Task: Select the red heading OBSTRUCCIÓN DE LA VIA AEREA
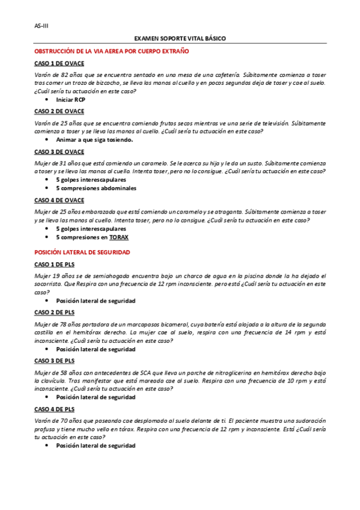pos(112,52)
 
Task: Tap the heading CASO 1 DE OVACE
pos(59,63)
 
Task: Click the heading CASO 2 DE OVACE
pos(59,111)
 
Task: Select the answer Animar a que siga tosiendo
pos(94,140)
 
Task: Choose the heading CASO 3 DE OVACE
pos(59,152)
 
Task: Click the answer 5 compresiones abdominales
pos(96,188)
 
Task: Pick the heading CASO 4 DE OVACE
pos(59,200)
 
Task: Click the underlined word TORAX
pos(118,237)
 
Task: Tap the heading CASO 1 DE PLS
pos(54,264)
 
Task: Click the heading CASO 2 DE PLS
pos(54,312)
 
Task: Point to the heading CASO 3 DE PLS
pos(54,361)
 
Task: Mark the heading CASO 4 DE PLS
pos(54,409)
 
